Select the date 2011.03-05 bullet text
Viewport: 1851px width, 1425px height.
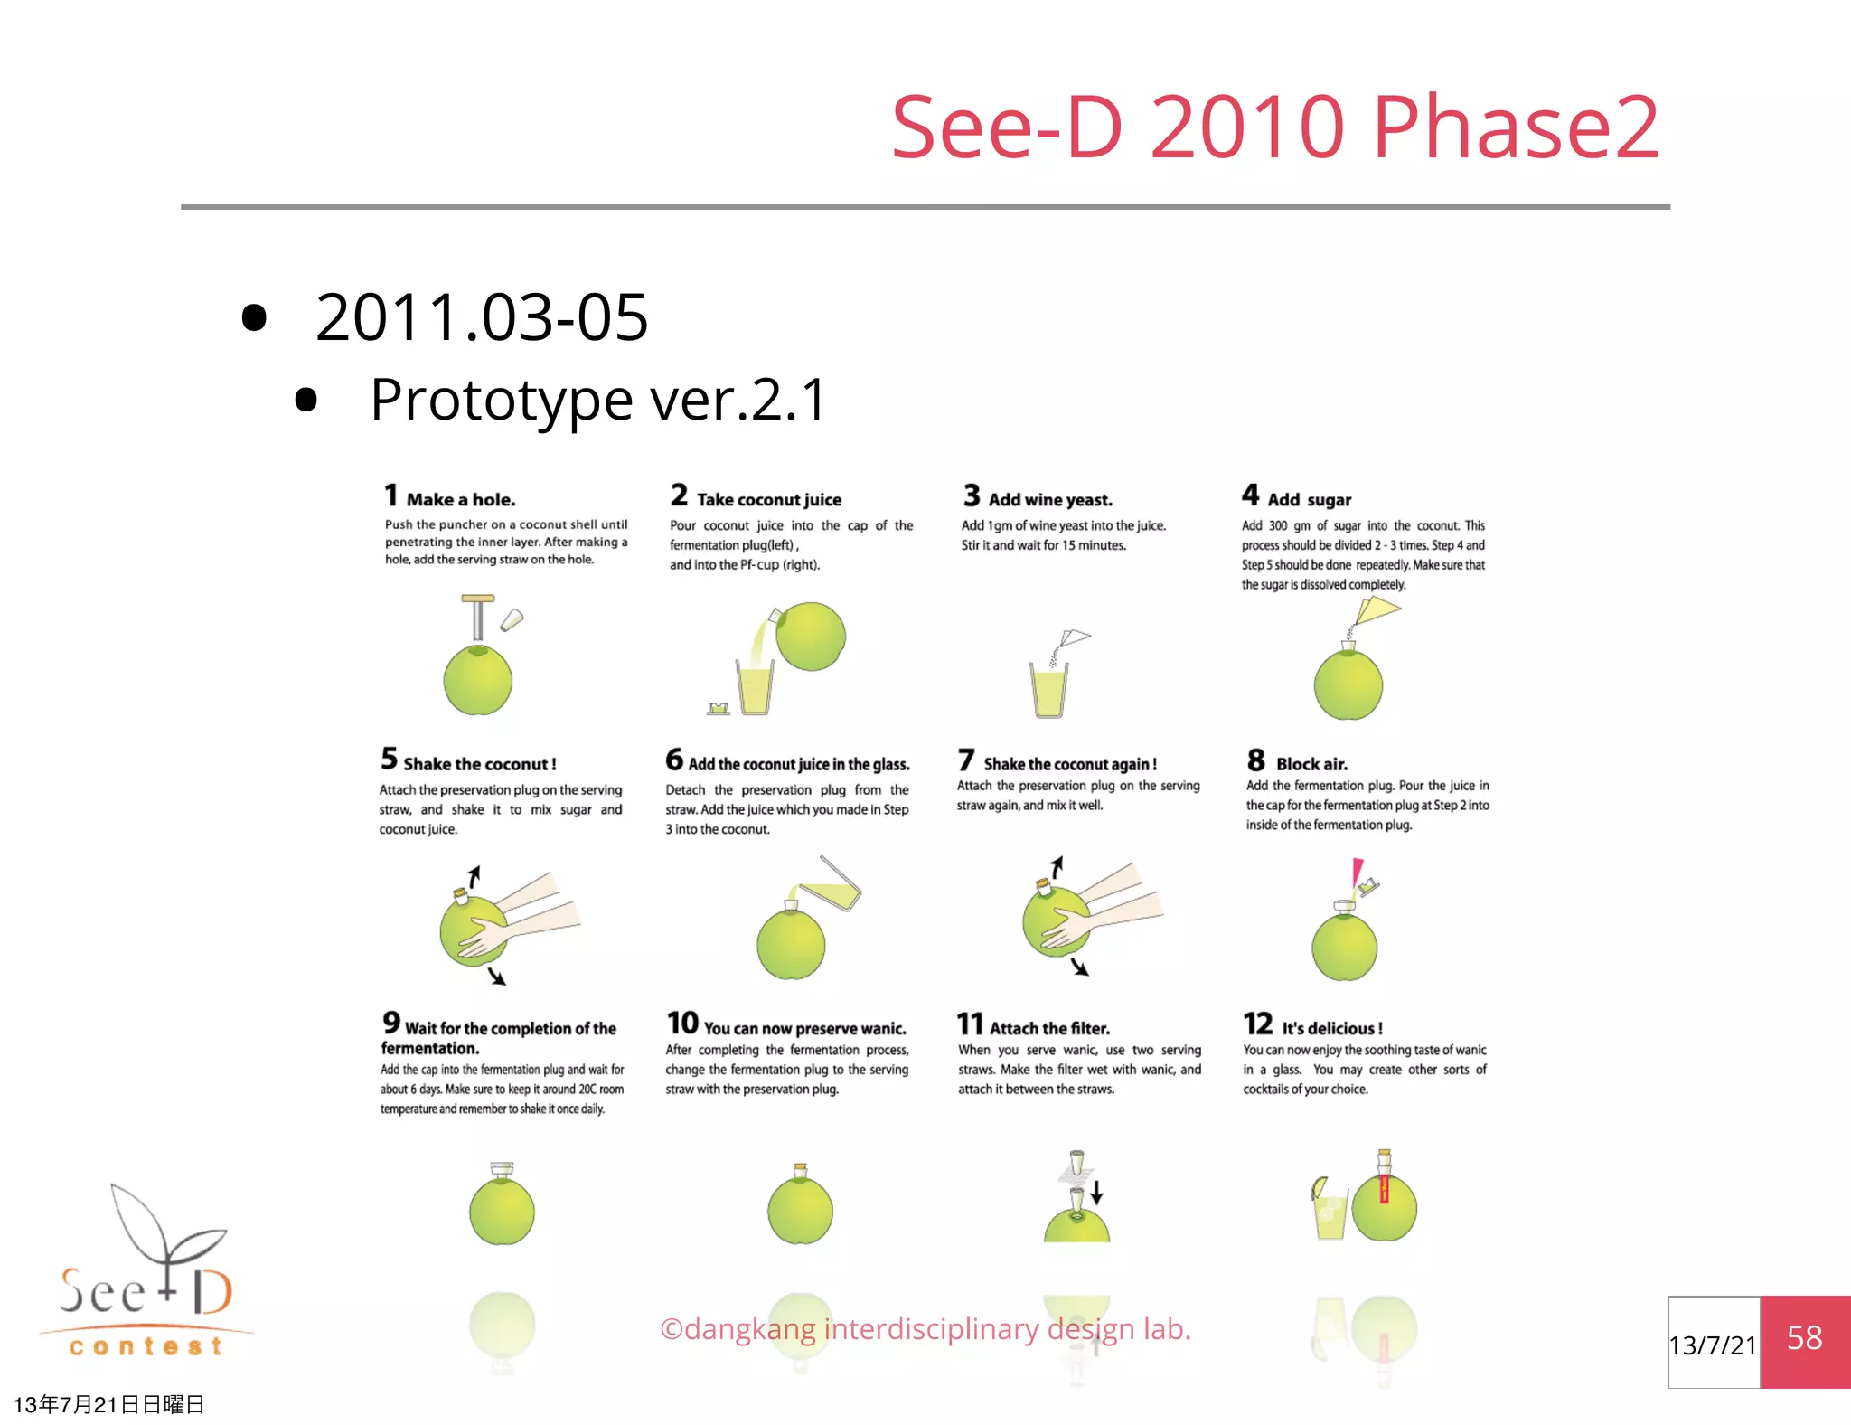click(481, 317)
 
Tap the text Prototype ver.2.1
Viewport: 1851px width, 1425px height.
click(597, 399)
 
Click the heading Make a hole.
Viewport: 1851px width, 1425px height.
click(460, 499)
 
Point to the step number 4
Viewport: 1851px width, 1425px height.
click(1250, 495)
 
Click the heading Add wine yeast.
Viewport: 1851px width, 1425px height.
click(1049, 499)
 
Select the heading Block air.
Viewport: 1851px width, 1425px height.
click(1311, 764)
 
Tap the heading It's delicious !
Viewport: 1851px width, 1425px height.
click(1331, 1028)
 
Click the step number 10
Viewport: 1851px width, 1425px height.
click(682, 1023)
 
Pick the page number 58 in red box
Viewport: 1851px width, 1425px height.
click(1804, 1338)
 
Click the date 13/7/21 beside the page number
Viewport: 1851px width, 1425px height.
click(1713, 1345)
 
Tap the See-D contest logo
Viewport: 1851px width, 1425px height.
click(145, 1275)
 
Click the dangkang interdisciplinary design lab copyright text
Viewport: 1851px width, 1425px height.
click(925, 1328)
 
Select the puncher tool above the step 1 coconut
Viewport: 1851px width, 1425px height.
click(478, 618)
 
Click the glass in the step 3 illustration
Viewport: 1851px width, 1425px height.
click(1048, 691)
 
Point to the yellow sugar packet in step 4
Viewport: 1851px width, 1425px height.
click(1377, 611)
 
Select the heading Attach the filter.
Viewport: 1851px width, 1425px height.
click(1048, 1028)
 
